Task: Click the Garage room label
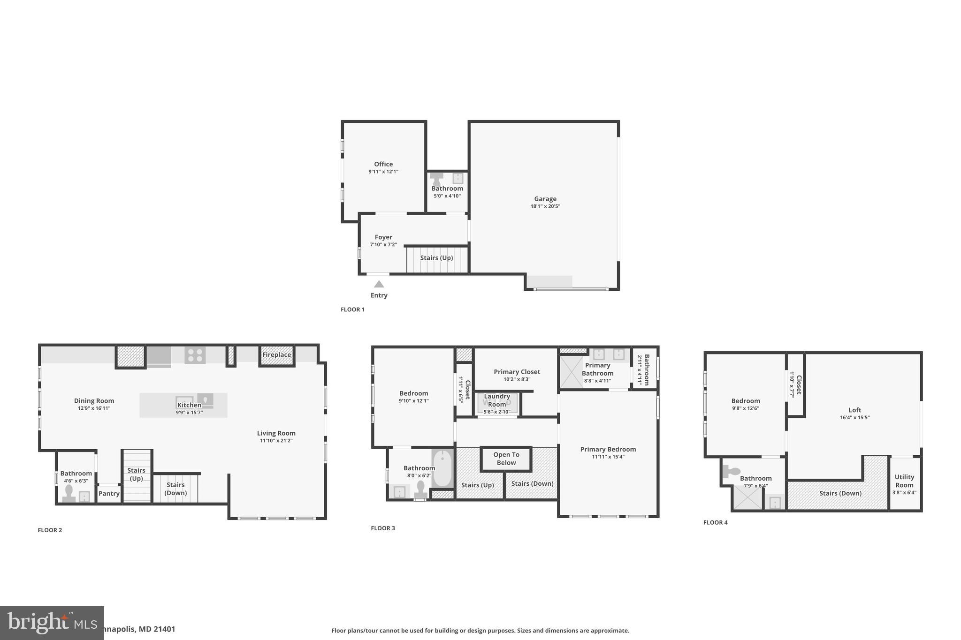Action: coord(545,199)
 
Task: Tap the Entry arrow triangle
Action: coord(379,284)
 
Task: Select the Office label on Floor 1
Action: coord(383,164)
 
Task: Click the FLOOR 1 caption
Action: coord(352,309)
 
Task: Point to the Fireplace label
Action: coord(276,355)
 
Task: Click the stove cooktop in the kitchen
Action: coord(195,355)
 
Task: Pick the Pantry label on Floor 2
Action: coord(109,494)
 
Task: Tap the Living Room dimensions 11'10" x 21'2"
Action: coord(276,441)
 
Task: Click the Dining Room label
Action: coord(94,401)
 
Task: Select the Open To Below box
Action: coord(506,459)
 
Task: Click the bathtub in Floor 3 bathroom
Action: coord(442,468)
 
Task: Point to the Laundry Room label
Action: coord(497,400)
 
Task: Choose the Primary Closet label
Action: coord(517,372)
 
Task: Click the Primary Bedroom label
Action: coord(608,449)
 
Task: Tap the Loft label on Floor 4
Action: coord(854,410)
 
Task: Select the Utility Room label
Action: coord(904,481)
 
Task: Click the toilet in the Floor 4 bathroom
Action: coord(730,471)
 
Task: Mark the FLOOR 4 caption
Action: coord(715,522)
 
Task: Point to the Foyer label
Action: coord(383,237)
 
